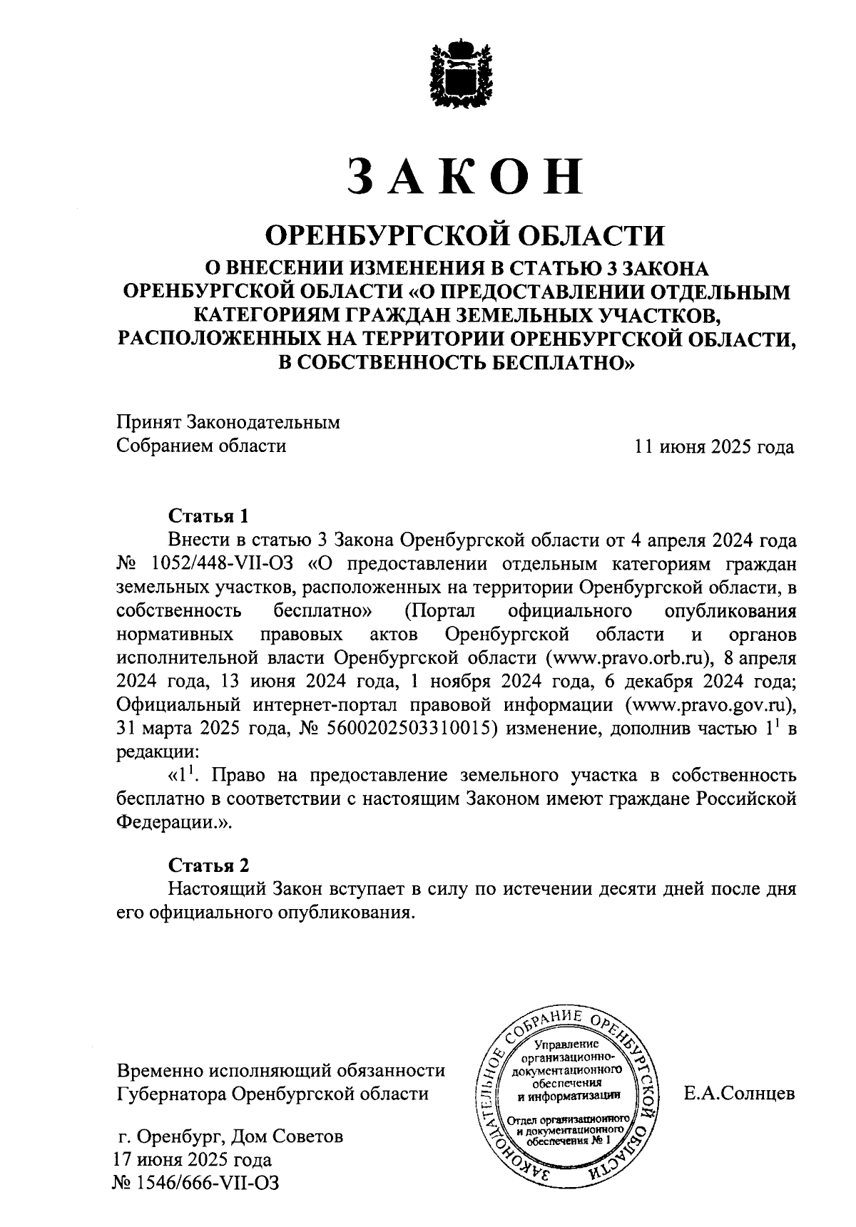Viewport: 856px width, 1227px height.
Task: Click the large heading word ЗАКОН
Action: [464, 176]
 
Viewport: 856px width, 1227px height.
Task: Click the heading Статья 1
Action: [209, 515]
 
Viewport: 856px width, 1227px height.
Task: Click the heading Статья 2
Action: [209, 866]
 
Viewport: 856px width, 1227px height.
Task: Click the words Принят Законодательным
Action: [228, 422]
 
